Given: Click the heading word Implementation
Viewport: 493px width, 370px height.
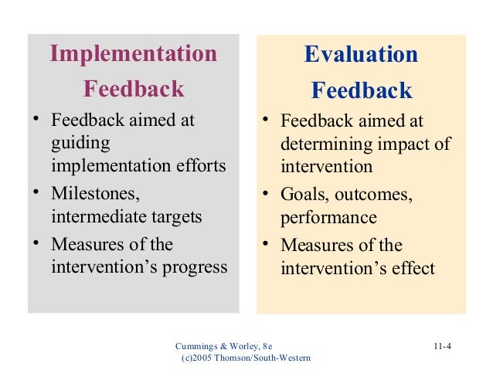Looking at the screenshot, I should (133, 54).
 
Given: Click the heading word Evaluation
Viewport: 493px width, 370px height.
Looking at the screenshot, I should (361, 55).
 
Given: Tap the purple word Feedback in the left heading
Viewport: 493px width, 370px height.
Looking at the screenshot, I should (133, 89).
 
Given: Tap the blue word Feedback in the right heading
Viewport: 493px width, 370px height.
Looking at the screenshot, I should (361, 90).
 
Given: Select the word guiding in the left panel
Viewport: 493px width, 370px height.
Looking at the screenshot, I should (80, 144).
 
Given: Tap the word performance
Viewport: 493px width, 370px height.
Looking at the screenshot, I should (328, 218).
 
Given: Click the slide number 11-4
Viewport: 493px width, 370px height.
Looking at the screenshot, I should (441, 345).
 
